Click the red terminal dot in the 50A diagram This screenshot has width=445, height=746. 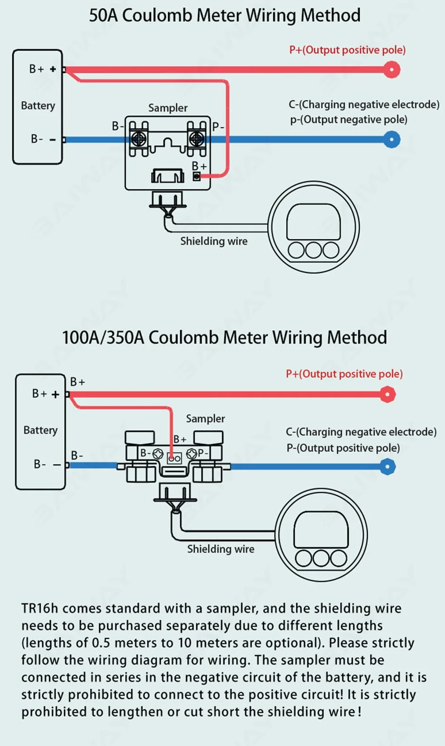pyautogui.click(x=392, y=69)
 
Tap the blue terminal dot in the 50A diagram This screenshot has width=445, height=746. pyautogui.click(x=392, y=139)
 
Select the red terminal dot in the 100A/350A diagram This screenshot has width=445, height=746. pyautogui.click(x=387, y=394)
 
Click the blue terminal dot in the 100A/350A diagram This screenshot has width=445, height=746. pyautogui.click(x=387, y=467)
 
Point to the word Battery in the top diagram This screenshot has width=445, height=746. pyautogui.click(x=38, y=106)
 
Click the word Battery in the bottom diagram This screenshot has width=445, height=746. pyautogui.click(x=40, y=430)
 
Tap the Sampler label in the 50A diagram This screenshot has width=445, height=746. pyautogui.click(x=168, y=108)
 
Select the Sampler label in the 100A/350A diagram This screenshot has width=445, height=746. pyautogui.click(x=206, y=419)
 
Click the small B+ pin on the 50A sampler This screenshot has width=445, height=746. pyautogui.click(x=197, y=176)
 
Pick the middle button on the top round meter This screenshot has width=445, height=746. pyautogui.click(x=313, y=250)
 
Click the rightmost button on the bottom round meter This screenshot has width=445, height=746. pyautogui.click(x=338, y=558)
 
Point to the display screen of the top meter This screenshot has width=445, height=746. pyautogui.click(x=313, y=222)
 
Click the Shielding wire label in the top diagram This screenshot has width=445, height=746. pyautogui.click(x=214, y=241)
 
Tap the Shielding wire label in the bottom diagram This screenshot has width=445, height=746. pyautogui.click(x=221, y=549)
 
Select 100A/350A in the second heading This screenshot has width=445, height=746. pyautogui.click(x=103, y=337)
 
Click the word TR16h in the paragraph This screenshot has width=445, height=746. pyautogui.click(x=40, y=608)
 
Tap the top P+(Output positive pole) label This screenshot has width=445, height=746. pyautogui.click(x=347, y=50)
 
